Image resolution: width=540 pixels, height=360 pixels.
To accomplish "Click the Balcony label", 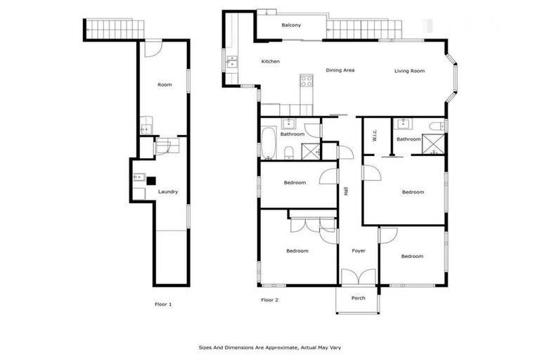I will (x=291, y=25).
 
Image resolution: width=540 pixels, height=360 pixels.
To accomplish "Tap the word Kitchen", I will (x=271, y=62).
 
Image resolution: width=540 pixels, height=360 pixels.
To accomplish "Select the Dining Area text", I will (x=340, y=70).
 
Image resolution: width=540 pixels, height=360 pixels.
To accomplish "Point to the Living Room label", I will (x=409, y=70).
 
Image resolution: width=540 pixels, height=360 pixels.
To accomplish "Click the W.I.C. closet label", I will (x=375, y=135).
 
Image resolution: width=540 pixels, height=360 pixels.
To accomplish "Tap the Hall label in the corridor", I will (x=346, y=191).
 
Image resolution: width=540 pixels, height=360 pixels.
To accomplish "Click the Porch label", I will (x=359, y=298).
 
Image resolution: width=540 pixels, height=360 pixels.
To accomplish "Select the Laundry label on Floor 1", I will (x=167, y=191).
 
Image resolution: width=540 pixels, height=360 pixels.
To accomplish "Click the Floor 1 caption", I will (x=162, y=304).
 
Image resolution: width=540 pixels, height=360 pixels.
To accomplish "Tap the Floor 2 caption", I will (x=270, y=300).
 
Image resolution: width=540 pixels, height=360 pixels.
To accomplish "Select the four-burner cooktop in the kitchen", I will (x=307, y=81).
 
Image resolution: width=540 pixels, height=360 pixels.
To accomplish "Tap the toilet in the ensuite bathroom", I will (x=437, y=127).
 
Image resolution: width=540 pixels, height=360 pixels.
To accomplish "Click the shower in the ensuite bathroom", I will (x=433, y=143).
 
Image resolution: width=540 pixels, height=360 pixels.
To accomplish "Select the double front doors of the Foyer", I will (x=358, y=278).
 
